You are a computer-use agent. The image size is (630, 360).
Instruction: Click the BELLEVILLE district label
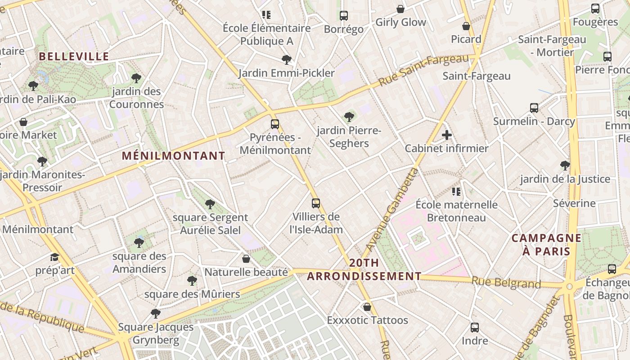[74, 56]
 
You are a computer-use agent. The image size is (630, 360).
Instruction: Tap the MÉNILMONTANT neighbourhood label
[174, 156]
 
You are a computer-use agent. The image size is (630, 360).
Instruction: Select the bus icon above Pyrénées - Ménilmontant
[275, 124]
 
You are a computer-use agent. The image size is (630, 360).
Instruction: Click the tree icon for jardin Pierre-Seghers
[349, 117]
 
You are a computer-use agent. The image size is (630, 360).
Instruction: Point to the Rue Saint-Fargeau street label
[423, 71]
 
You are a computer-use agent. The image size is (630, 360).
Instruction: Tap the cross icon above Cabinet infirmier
[447, 135]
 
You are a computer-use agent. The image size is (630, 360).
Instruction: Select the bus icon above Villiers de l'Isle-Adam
[316, 203]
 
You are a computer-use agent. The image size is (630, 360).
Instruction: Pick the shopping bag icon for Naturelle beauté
[246, 259]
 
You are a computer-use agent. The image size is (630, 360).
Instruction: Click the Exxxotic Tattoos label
[367, 320]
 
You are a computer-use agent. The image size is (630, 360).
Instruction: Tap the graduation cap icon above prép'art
[55, 257]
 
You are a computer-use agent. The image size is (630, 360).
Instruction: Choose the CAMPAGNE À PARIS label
[546, 244]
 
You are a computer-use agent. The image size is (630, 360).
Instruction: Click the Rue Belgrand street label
[506, 283]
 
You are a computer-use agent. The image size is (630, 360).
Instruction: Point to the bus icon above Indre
[475, 328]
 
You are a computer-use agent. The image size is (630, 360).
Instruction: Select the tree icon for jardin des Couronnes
[136, 78]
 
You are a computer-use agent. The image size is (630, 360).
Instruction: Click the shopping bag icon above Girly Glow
[400, 9]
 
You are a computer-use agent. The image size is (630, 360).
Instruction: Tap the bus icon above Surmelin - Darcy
[534, 108]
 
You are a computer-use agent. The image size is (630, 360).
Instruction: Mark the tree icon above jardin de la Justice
[565, 166]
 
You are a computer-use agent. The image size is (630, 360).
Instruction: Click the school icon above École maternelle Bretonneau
[456, 192]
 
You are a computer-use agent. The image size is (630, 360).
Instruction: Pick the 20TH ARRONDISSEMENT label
[364, 270]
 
